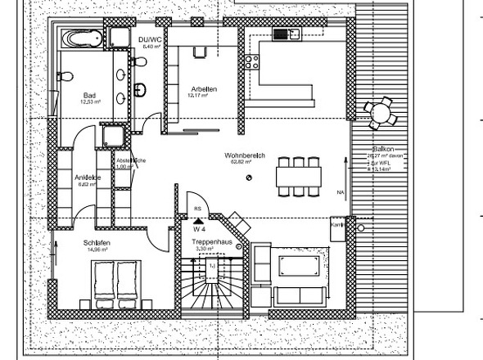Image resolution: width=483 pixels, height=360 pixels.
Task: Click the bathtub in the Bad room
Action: tap(80, 38)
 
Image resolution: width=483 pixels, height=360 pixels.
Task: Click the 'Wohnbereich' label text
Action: tap(241, 155)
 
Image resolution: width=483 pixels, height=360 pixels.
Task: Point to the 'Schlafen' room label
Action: tap(96, 243)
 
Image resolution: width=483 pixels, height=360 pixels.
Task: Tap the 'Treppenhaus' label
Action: tap(210, 243)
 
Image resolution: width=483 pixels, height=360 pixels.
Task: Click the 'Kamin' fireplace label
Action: tap(336, 223)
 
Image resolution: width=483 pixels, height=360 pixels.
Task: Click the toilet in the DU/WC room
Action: tap(141, 88)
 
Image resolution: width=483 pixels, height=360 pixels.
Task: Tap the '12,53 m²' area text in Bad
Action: tap(89, 103)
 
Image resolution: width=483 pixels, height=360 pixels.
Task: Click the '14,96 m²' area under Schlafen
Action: tap(96, 250)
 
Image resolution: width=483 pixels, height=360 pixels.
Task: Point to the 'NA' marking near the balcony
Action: tap(340, 191)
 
